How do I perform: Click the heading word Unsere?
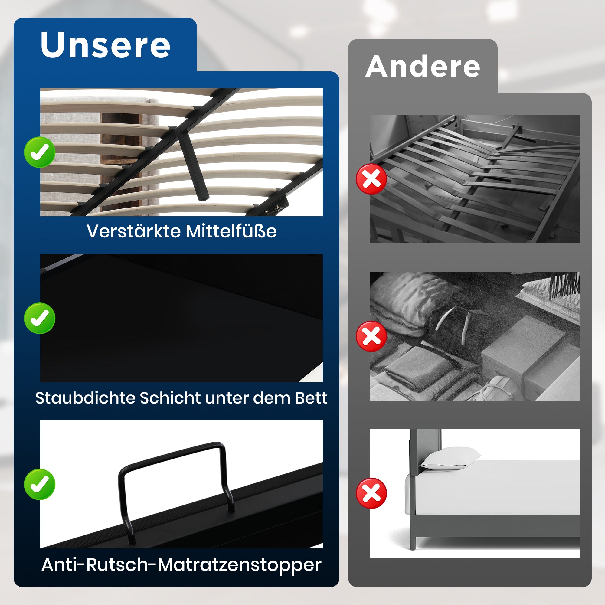(105, 45)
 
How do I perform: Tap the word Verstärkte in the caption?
(133, 231)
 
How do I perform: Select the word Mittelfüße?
(231, 231)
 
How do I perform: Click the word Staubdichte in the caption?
(85, 398)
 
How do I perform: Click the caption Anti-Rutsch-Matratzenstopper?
(181, 565)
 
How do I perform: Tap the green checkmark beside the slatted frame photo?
(40, 152)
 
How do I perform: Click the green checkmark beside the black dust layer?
(40, 318)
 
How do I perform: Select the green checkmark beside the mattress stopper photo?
(40, 484)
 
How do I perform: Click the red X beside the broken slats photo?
(371, 179)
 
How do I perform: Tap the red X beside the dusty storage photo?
(371, 336)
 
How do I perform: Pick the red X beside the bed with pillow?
(371, 493)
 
